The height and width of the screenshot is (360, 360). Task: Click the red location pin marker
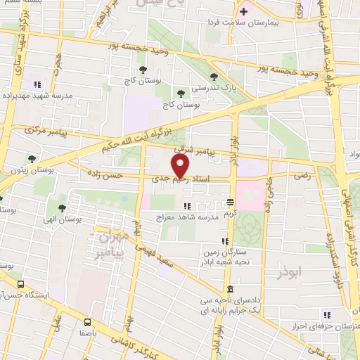[x=181, y=166]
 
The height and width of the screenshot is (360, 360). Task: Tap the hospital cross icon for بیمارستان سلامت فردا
[x=244, y=11]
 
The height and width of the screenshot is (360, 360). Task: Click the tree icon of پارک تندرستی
[x=214, y=77]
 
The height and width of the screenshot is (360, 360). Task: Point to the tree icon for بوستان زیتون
[x=31, y=159]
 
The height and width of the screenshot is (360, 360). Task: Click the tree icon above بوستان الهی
[x=62, y=207]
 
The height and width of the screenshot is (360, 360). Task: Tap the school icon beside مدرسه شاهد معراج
[x=187, y=205]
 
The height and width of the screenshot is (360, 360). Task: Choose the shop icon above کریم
[x=229, y=202]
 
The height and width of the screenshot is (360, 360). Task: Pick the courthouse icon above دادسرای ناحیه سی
[x=231, y=290]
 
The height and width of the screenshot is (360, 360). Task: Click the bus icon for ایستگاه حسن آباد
[x=21, y=285]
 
